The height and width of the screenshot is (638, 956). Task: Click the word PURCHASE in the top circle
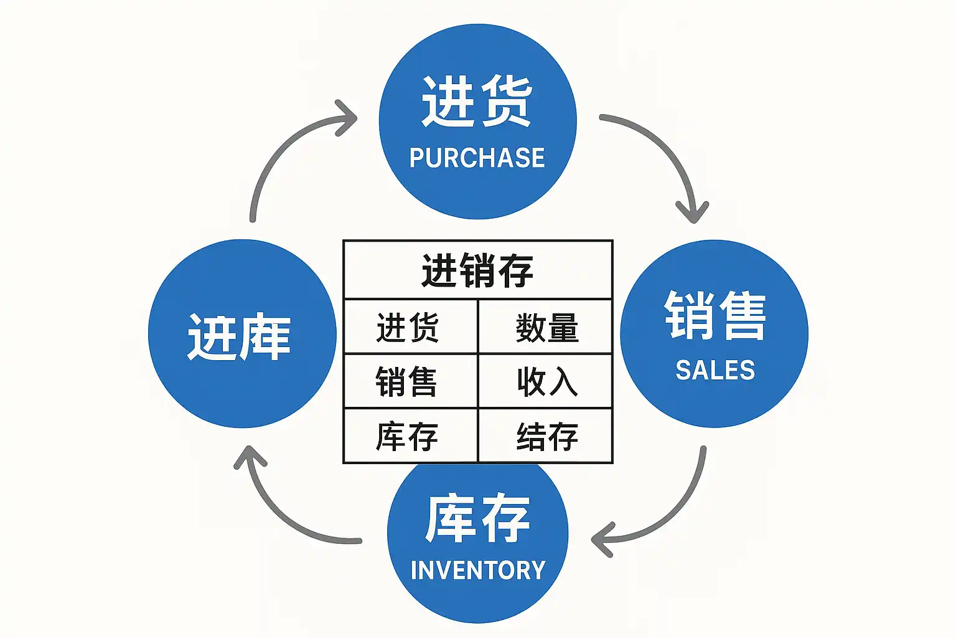477,158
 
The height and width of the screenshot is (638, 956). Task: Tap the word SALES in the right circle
715,371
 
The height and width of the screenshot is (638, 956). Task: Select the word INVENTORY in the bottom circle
477,570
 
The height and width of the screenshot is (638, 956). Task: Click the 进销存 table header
477,271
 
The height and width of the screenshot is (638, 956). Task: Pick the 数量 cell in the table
546,328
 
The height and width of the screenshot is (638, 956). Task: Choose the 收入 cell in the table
546,381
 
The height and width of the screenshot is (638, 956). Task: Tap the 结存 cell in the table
546,436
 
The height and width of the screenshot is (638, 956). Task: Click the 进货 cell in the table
408,328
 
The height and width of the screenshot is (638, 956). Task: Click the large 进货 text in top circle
477,102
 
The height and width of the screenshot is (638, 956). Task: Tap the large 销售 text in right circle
715,316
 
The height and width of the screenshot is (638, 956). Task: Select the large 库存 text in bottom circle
477,518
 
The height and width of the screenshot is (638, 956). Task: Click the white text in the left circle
239,337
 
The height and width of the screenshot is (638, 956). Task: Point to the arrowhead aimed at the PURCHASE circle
346,117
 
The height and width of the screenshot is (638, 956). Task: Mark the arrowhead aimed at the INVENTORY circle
601,539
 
